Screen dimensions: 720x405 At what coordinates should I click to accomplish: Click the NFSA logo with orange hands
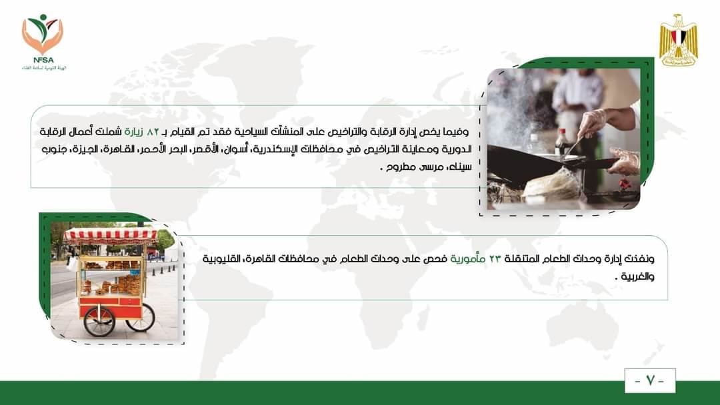(x=43, y=42)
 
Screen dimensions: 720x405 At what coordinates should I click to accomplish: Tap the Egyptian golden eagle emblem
(x=678, y=41)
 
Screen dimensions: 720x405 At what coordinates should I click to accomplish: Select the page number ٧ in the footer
(x=650, y=381)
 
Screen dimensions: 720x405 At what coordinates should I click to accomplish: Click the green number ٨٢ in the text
(x=153, y=132)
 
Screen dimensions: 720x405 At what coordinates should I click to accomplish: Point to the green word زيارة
(x=134, y=132)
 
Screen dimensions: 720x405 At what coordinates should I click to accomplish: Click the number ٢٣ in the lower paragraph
(x=495, y=258)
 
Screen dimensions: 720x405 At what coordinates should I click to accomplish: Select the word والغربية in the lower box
(x=637, y=276)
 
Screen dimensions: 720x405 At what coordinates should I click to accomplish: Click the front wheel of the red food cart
(x=99, y=320)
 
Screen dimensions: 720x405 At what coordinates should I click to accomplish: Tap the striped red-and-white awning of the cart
(x=111, y=236)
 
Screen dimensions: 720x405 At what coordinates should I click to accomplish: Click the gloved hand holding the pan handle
(x=624, y=161)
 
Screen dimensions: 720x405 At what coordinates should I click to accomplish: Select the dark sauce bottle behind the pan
(x=561, y=141)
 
